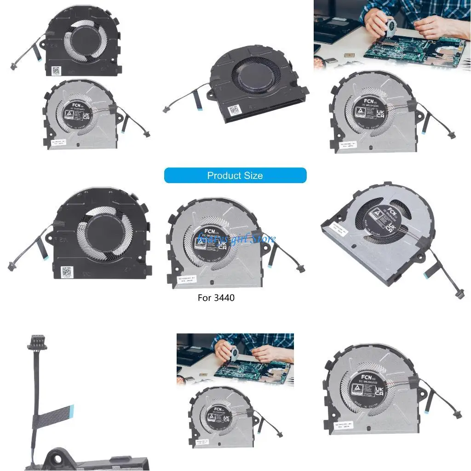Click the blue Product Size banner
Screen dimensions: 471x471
click(x=235, y=175)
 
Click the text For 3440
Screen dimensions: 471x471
click(x=216, y=298)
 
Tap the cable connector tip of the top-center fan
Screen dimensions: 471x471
click(x=164, y=110)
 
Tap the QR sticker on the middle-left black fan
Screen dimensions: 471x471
click(x=69, y=271)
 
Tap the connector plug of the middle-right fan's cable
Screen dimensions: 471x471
click(x=459, y=293)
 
